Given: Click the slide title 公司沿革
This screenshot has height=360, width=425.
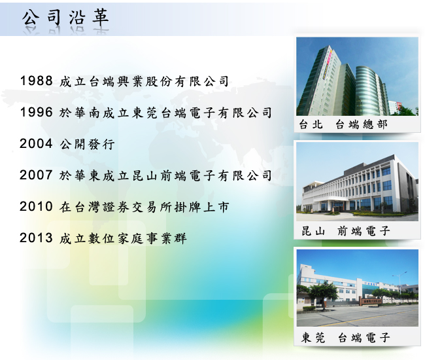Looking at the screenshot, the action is pyautogui.click(x=65, y=18).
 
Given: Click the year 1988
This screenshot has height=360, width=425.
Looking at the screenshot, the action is pyautogui.click(x=37, y=81).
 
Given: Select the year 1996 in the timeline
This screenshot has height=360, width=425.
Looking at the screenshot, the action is pyautogui.click(x=37, y=112).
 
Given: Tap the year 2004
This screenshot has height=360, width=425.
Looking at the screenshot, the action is pyautogui.click(x=36, y=143).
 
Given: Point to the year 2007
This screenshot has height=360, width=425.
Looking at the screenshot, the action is pyautogui.click(x=36, y=175).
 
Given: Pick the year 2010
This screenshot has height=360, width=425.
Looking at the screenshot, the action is pyautogui.click(x=36, y=206).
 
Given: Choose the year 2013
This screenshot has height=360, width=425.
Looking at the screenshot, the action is pyautogui.click(x=36, y=238).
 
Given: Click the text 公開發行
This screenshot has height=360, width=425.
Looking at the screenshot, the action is pyautogui.click(x=87, y=144).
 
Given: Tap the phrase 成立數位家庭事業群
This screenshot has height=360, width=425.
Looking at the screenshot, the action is pyautogui.click(x=123, y=238).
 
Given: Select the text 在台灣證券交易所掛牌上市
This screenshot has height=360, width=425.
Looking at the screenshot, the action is pyautogui.click(x=144, y=207).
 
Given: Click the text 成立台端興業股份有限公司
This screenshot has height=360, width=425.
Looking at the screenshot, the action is pyautogui.click(x=144, y=81).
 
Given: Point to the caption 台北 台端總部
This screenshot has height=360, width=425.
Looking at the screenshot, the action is pyautogui.click(x=343, y=124).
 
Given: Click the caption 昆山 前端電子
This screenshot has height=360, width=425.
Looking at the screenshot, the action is pyautogui.click(x=346, y=231).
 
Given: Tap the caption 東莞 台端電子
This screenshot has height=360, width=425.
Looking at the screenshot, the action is pyautogui.click(x=346, y=338).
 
